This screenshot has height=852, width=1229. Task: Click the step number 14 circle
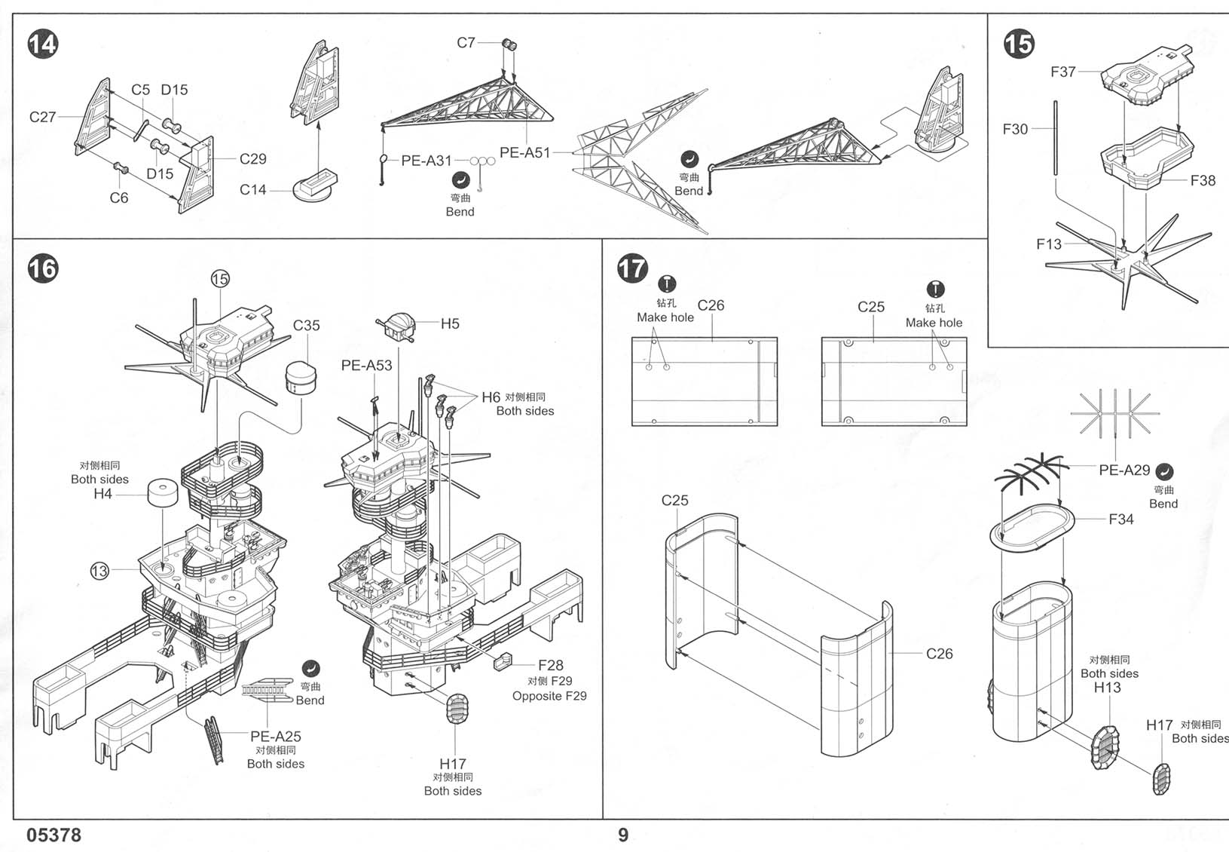coord(42,44)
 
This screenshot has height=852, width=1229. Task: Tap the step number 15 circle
coord(1018,44)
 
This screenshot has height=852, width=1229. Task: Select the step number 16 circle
coord(42,268)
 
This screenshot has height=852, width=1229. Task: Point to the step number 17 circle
coord(631,268)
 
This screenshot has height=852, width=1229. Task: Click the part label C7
coord(466,42)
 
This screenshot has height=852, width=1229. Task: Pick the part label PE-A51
coord(524,152)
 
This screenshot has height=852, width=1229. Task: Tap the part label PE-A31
coord(426,161)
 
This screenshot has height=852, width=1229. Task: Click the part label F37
coord(1062,72)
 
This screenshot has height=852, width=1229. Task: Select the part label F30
coord(1014,129)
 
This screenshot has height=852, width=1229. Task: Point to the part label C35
coord(306,325)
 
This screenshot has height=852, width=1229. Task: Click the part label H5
coord(449,323)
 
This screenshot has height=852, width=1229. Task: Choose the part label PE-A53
coord(366,365)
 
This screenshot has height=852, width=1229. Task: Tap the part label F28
coord(550,665)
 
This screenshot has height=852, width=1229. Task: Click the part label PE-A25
coord(275,736)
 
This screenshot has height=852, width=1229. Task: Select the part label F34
coord(1120,519)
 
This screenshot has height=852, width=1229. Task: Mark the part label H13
coord(1107,687)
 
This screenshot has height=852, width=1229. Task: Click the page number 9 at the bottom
coord(622,835)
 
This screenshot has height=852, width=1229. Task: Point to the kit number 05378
coord(54,835)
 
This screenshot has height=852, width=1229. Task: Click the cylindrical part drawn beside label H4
coord(163,495)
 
